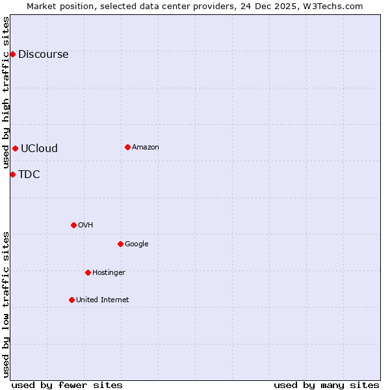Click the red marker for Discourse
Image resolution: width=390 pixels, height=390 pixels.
[x=12, y=54]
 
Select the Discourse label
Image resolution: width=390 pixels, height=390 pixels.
[x=43, y=55]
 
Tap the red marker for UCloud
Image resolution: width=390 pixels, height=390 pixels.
[x=15, y=148]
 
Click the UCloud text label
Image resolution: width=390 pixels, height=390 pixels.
[x=39, y=149]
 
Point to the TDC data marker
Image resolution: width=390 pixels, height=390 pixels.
[x=12, y=174]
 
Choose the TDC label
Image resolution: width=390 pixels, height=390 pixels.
[x=29, y=175]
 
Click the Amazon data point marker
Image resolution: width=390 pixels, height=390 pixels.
[x=127, y=147]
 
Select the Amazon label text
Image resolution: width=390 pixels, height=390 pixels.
[x=146, y=148]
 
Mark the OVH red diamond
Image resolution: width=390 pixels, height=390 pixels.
[x=73, y=225]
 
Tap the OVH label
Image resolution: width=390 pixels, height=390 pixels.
[x=86, y=226]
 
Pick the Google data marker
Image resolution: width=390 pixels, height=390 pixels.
[x=120, y=244]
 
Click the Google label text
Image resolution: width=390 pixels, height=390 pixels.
[x=136, y=244]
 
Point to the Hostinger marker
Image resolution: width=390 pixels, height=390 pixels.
[x=88, y=272]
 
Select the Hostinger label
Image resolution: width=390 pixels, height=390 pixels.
[x=109, y=273]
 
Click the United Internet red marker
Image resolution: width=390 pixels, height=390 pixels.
[x=71, y=300]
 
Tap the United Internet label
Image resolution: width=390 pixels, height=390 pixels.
[x=103, y=300]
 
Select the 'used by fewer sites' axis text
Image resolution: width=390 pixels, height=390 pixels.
[x=67, y=385]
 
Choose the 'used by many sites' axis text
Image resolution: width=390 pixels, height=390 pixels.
[x=326, y=385]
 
